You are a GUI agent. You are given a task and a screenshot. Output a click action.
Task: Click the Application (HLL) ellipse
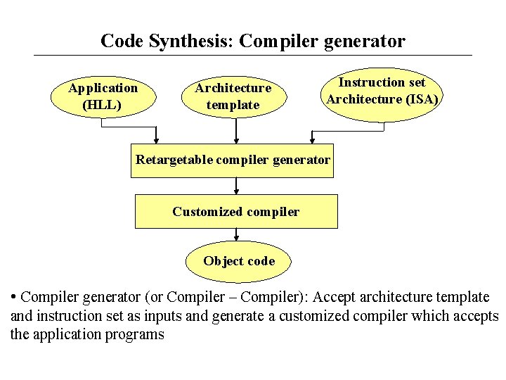click(103, 96)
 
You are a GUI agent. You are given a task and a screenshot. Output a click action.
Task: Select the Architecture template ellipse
click(233, 96)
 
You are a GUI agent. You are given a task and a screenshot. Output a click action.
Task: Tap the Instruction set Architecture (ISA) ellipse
click(382, 91)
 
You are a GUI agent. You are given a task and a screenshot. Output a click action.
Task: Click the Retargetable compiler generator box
click(233, 160)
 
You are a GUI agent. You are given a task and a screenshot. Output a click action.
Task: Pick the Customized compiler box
click(236, 212)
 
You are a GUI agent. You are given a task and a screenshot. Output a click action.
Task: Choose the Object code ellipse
click(239, 261)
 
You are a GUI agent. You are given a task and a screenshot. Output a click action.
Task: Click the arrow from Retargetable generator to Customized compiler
click(236, 186)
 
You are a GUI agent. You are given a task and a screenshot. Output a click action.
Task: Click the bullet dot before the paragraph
click(14, 296)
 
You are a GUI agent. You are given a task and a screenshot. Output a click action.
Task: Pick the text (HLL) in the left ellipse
click(103, 106)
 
